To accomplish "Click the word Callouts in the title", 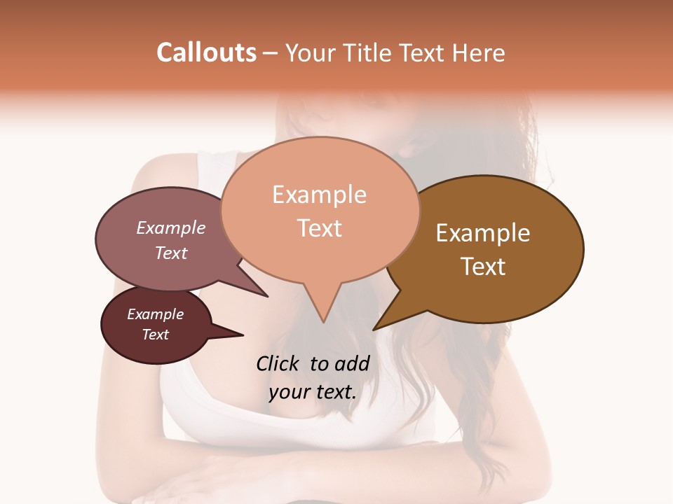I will pos(206,52).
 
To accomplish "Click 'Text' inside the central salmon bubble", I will pos(319,227).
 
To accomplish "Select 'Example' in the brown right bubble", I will pos(483,232).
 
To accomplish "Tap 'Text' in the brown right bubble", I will pos(483,266).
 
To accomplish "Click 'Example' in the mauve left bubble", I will pos(170,227).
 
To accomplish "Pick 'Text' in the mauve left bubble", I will pos(170,253).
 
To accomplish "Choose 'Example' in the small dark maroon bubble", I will pos(155,314).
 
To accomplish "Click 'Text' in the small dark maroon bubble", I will pos(155,335).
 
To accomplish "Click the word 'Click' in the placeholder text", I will pos(279,363).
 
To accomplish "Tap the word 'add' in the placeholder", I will pos(352,363).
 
